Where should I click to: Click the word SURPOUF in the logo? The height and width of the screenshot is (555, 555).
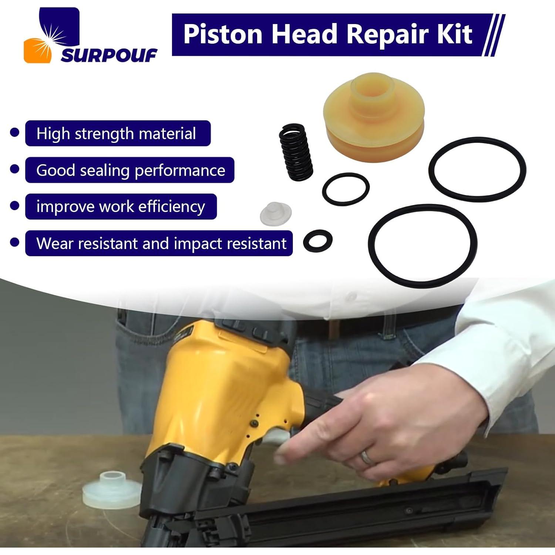click(x=109, y=56)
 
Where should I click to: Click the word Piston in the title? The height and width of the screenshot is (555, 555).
click(x=222, y=34)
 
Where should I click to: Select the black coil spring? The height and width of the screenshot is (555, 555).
click(x=296, y=152)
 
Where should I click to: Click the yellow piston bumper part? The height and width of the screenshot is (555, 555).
click(x=374, y=117)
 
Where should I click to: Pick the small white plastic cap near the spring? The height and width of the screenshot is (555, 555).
click(x=276, y=213)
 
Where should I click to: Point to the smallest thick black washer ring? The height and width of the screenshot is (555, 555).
click(x=317, y=240)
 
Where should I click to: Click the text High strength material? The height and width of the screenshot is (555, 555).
click(x=116, y=134)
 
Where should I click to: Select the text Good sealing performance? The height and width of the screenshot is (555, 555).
click(x=131, y=170)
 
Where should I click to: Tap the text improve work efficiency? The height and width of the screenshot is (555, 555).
click(x=121, y=206)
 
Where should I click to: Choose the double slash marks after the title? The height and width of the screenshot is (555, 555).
click(x=494, y=35)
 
